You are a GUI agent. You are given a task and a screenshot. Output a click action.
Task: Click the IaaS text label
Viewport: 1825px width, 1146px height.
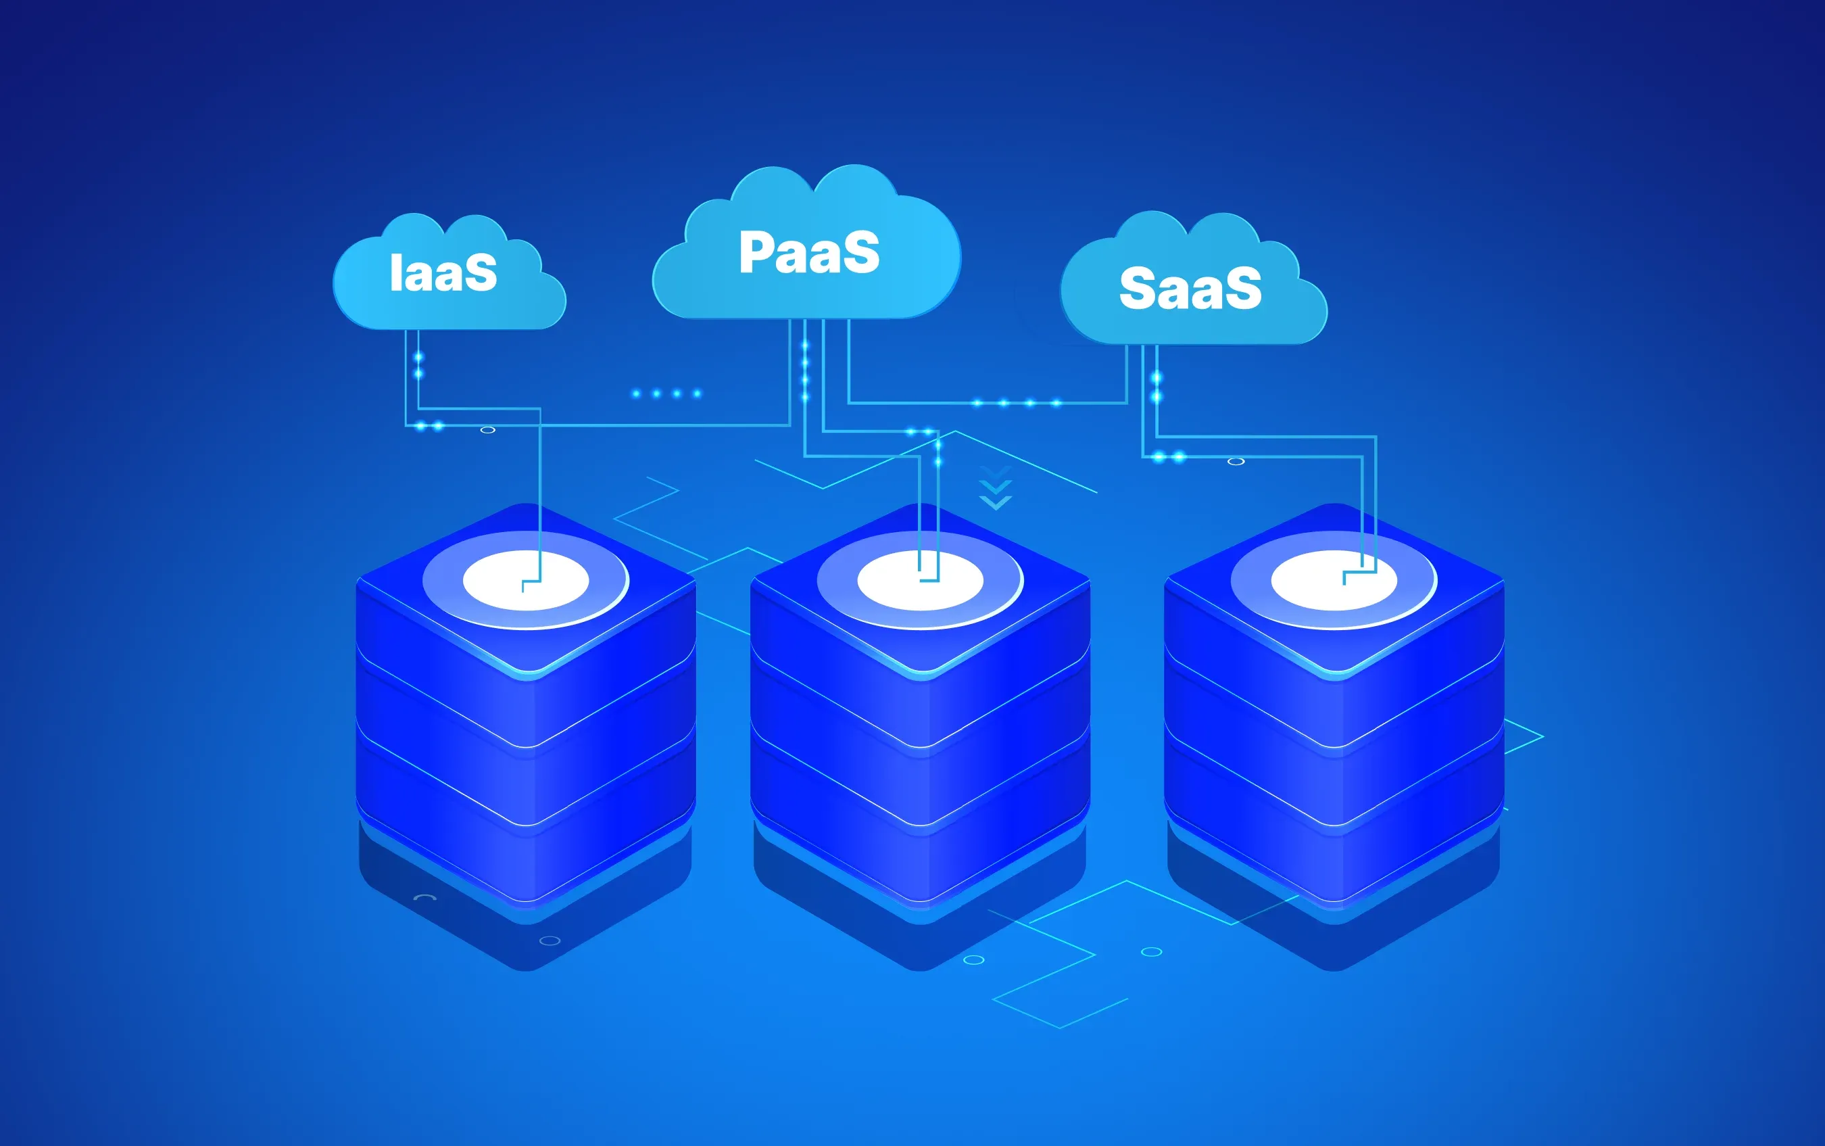click(443, 273)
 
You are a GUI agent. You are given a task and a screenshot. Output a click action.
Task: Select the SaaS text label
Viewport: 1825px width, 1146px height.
click(1190, 289)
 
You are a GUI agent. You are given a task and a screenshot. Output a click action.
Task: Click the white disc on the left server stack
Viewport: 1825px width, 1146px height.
click(526, 581)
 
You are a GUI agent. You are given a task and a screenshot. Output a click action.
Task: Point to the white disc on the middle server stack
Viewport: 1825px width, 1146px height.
click(920, 581)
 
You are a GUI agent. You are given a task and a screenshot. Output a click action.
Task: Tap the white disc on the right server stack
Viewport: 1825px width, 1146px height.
click(1334, 581)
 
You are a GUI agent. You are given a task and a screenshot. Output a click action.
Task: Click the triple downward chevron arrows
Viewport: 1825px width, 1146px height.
click(996, 488)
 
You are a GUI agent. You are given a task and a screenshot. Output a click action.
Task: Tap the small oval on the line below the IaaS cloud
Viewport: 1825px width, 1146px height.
click(488, 430)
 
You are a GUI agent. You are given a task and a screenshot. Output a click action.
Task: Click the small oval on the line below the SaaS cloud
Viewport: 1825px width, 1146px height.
click(1236, 461)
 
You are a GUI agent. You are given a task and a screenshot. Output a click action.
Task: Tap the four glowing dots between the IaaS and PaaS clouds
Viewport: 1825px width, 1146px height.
click(666, 393)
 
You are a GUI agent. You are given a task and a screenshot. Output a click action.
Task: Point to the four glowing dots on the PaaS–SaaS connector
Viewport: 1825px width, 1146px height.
click(1017, 402)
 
